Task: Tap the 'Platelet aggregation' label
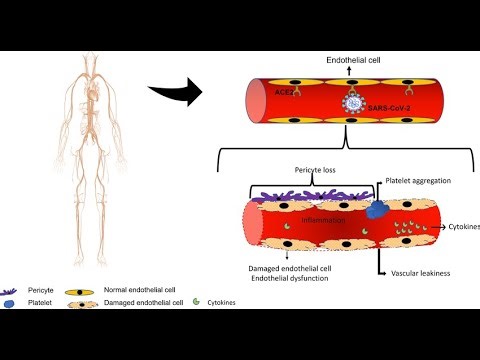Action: (x=419, y=181)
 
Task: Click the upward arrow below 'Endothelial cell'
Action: (x=350, y=73)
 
